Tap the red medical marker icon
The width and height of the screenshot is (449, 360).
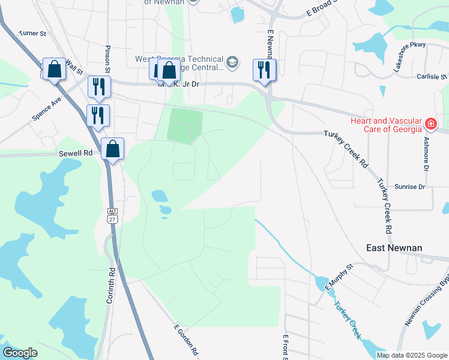pos(430,124)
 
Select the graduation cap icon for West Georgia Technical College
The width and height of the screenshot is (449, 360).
pos(232,62)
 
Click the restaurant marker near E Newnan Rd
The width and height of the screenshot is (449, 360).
pos(264,70)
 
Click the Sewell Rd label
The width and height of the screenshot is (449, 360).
pos(76,153)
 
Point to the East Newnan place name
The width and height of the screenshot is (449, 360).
pos(394,248)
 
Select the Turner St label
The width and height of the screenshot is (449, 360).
pos(32,34)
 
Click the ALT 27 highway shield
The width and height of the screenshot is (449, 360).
pos(112,215)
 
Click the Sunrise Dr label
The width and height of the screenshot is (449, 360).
pos(409,187)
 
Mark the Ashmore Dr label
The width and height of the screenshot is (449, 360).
pos(426,154)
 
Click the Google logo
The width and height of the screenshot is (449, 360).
pos(20,353)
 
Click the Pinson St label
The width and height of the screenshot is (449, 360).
pos(108,59)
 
